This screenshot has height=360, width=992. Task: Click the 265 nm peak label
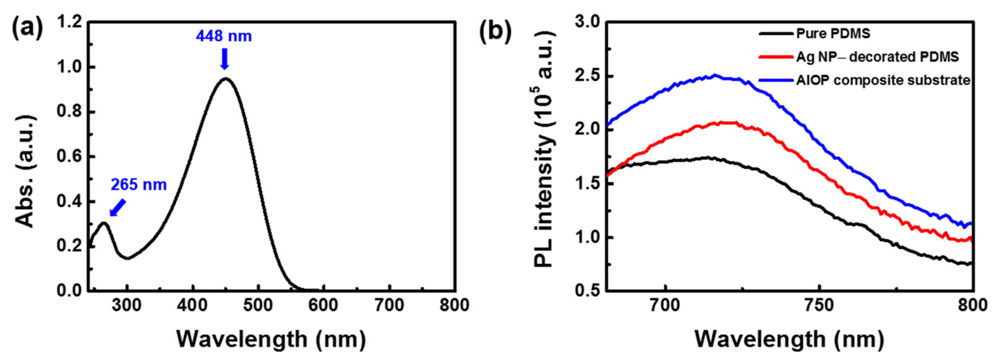(139, 185)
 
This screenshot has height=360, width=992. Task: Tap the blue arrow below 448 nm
(225, 60)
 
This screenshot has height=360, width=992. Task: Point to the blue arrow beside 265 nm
(118, 207)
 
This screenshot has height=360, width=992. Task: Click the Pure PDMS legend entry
(832, 34)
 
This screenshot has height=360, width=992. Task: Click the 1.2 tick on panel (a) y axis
(69, 22)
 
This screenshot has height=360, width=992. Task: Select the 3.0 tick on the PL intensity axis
(588, 22)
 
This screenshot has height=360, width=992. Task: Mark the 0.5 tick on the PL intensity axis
(588, 291)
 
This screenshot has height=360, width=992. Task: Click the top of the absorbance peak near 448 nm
(226, 78)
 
